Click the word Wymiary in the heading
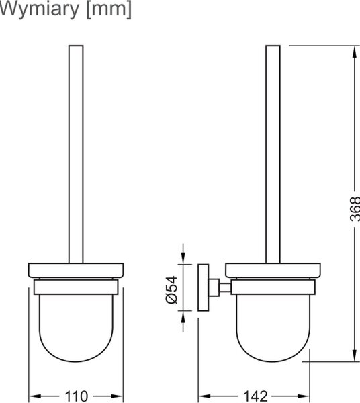[x=40, y=9]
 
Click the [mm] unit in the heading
[x=109, y=9]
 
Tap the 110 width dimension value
[x=77, y=396]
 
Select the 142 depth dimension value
[x=255, y=396]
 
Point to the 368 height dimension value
[x=355, y=209]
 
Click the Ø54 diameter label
[x=172, y=290]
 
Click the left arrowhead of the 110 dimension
[x=36, y=396]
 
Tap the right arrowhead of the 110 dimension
[x=116, y=396]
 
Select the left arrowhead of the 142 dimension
[x=206, y=396]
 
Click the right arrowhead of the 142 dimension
[x=302, y=396]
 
